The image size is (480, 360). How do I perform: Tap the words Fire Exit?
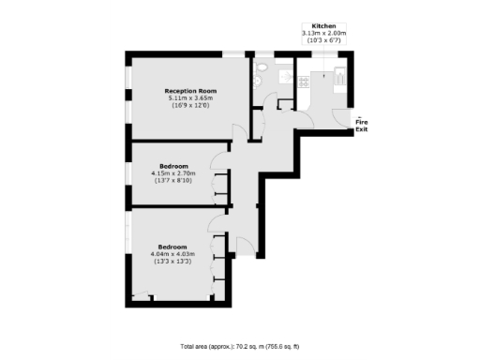coord(361,125)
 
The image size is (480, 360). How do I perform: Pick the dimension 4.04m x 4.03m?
coord(172,253)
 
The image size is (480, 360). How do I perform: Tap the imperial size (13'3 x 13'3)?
coord(172,261)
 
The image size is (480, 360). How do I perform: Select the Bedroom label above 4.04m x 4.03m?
coord(172,246)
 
